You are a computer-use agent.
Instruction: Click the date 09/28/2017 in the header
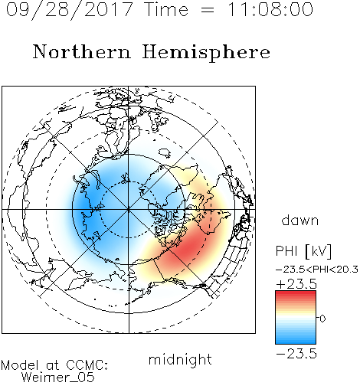coord(69,10)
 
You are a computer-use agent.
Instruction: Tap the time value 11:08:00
coord(270,9)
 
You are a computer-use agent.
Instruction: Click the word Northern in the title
coord(82,52)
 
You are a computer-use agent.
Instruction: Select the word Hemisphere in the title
coord(206,53)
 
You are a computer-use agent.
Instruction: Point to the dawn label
coord(300,220)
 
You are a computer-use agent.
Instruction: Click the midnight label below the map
coord(180,361)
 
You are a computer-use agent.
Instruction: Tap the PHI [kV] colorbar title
coord(303,251)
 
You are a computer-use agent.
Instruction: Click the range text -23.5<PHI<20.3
coord(317,270)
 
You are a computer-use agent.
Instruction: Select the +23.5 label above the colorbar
coord(296,284)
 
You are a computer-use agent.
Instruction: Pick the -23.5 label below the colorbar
coord(296,354)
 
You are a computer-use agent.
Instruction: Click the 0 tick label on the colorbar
coord(322,319)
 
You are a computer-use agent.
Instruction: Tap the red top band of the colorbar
coord(296,295)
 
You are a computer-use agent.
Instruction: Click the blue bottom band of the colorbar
coord(296,339)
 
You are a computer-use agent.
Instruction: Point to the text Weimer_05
coord(58,378)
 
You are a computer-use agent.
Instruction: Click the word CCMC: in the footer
coord(87,365)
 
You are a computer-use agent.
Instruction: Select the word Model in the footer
coord(20,365)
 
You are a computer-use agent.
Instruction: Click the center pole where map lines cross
coord(129,209)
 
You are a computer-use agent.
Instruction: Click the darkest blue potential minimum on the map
coord(84,205)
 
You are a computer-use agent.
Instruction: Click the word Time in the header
coord(166,10)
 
